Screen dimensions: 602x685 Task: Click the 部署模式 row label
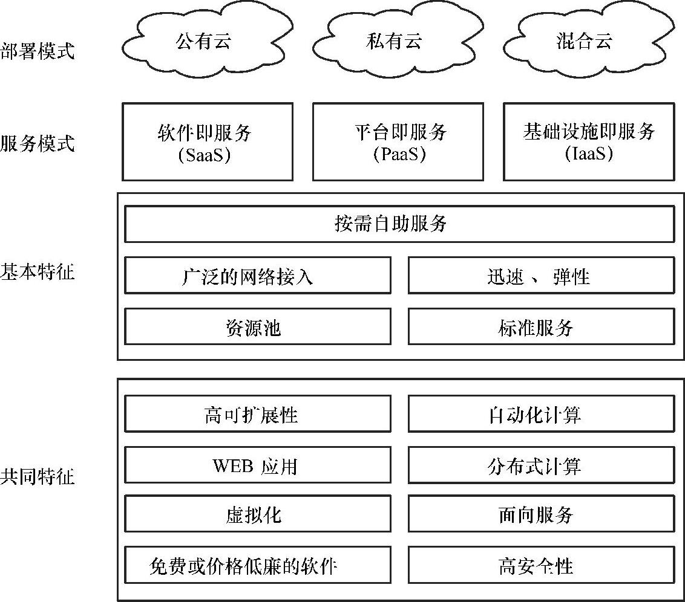[x=38, y=51]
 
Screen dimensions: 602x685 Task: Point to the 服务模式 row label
[x=38, y=144]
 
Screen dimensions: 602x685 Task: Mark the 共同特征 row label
[x=38, y=477]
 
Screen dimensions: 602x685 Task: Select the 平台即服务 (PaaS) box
[x=398, y=142]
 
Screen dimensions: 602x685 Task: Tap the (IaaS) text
[x=589, y=155]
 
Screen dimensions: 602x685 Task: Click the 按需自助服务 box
[x=399, y=224]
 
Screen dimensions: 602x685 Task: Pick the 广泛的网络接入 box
[x=257, y=276]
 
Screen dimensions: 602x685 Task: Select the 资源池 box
[x=257, y=327]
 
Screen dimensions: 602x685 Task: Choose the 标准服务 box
[x=541, y=327]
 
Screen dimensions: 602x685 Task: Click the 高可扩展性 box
[x=257, y=414]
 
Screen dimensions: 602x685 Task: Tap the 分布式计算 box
[x=541, y=465]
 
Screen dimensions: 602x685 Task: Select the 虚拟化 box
[x=257, y=515]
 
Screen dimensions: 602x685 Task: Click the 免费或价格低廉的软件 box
[x=257, y=566]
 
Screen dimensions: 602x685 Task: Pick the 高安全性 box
[x=541, y=566]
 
